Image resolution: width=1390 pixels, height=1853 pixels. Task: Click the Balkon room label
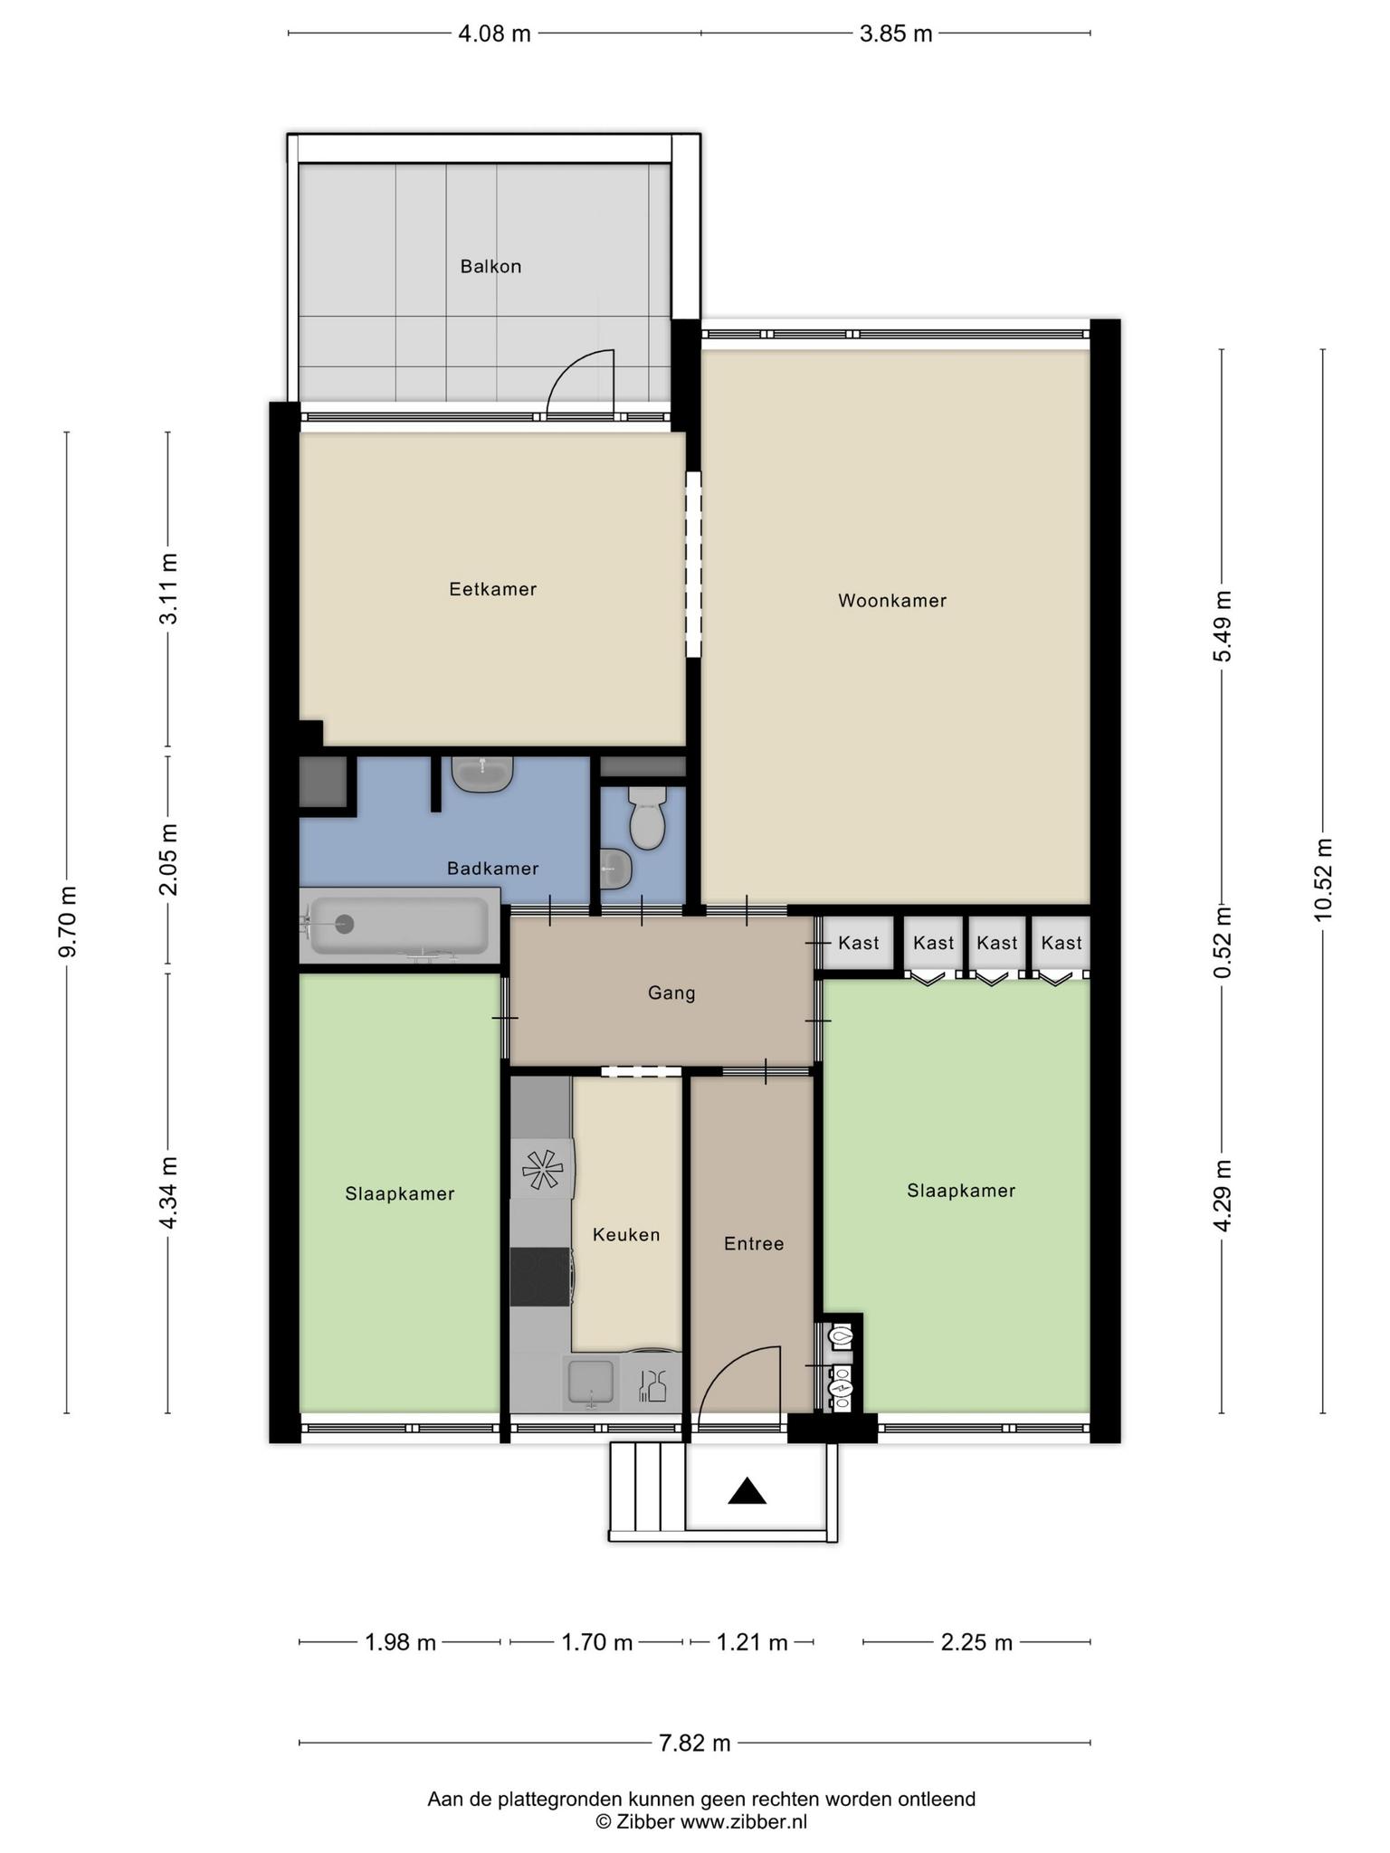490,267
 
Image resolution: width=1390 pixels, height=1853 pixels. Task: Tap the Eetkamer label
493,589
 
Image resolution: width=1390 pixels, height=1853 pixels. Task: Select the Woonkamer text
892,601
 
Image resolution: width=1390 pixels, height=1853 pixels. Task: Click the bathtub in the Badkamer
398,926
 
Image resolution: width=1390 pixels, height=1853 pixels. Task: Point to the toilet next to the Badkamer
647,816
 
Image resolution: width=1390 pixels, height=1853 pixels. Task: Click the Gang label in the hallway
671,993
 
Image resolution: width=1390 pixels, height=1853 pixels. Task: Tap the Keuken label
626,1235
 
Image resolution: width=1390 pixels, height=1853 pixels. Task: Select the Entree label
754,1244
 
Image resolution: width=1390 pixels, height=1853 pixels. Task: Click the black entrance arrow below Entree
747,1492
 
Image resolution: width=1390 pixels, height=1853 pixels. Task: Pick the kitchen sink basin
590,1383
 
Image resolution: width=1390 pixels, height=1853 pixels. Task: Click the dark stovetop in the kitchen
539,1277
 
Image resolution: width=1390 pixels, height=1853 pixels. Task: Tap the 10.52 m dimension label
1324,879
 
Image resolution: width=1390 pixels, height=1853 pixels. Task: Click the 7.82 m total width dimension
695,1744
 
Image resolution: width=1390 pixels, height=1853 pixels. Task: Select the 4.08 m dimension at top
494,34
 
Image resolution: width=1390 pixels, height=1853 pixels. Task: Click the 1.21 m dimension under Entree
752,1642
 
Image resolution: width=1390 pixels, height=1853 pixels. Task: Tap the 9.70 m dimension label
67,921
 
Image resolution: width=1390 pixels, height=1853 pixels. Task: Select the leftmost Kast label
859,943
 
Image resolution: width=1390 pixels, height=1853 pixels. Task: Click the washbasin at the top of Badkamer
483,774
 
